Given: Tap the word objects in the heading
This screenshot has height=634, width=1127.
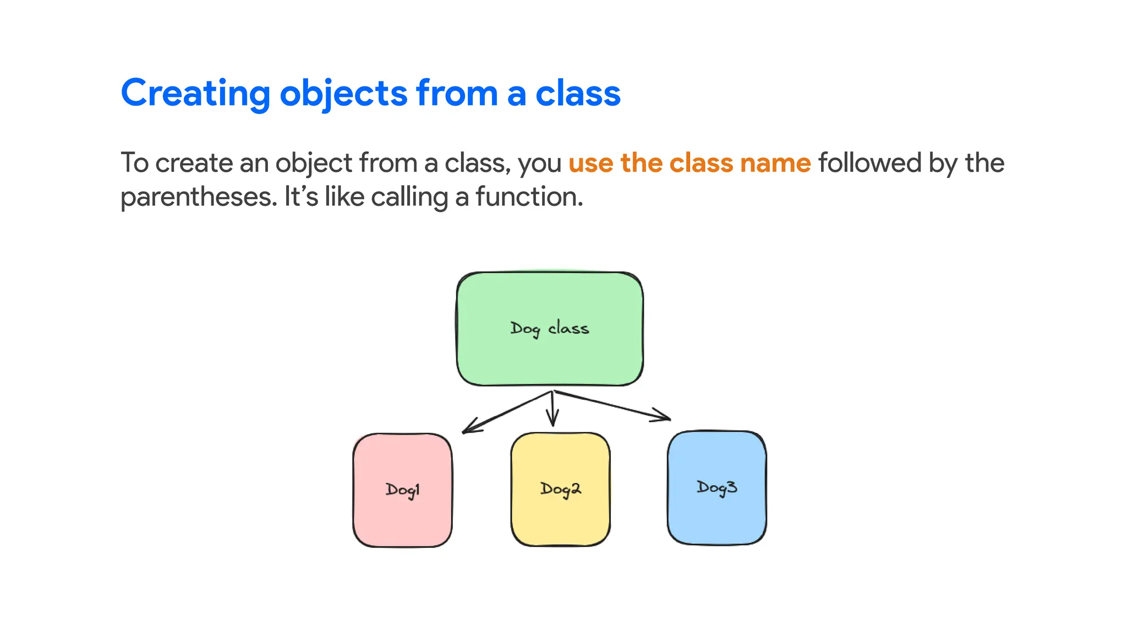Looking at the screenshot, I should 343,94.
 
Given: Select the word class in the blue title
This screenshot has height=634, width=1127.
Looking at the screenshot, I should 578,94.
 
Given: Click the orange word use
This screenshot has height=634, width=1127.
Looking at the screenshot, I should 590,163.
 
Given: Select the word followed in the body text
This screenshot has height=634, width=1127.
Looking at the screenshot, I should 869,163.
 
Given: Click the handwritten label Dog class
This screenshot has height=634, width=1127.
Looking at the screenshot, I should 549,329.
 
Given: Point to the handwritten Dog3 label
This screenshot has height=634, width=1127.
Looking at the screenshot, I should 716,488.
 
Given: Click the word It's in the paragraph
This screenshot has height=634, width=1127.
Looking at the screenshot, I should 301,197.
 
